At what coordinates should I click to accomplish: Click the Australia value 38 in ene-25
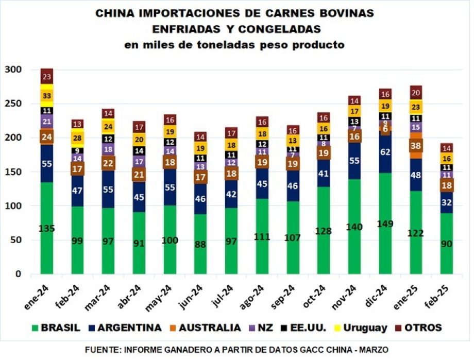(x=415, y=146)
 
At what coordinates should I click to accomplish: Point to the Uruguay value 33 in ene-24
(x=47, y=96)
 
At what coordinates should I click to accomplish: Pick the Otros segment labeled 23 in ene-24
(x=47, y=77)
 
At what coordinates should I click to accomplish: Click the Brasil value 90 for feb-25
(x=446, y=243)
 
